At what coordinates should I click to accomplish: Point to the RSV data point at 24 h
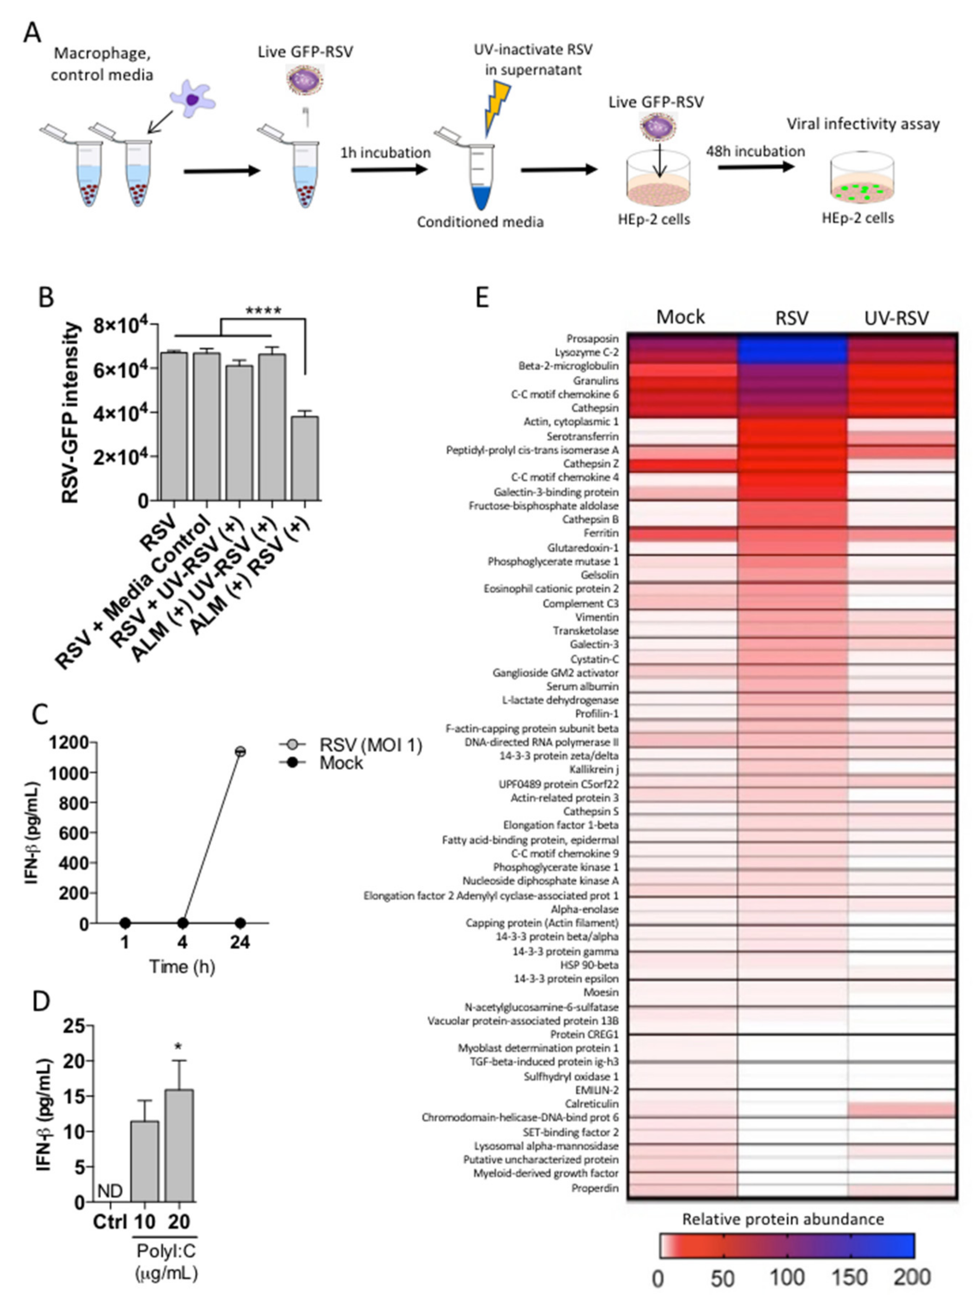240,751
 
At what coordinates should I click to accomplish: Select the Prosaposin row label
592,339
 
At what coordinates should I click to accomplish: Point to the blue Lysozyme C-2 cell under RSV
792,352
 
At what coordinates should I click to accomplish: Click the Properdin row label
595,1188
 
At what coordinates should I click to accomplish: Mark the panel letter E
482,297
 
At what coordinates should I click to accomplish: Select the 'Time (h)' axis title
182,967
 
